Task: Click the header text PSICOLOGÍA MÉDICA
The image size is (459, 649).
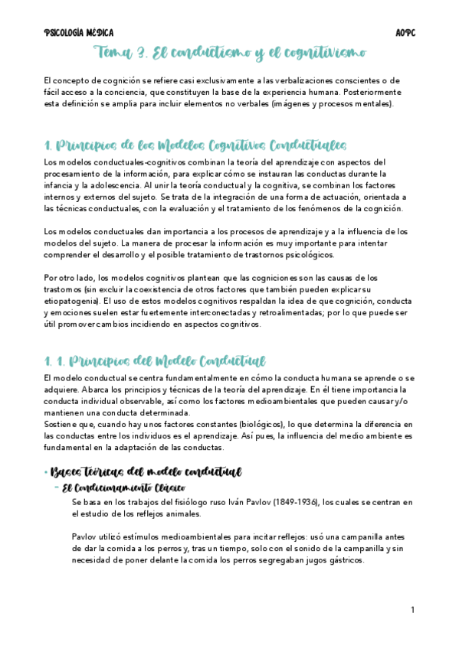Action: (x=79, y=33)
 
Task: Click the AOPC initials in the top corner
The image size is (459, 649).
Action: (x=404, y=33)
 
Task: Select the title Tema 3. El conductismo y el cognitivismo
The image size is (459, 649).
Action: (x=229, y=53)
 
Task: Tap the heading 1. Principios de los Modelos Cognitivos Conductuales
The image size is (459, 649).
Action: (x=195, y=146)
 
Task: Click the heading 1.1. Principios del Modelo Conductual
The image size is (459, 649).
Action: (x=155, y=361)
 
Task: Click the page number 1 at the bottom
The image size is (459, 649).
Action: (x=412, y=609)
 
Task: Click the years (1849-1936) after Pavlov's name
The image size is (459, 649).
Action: (x=293, y=502)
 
